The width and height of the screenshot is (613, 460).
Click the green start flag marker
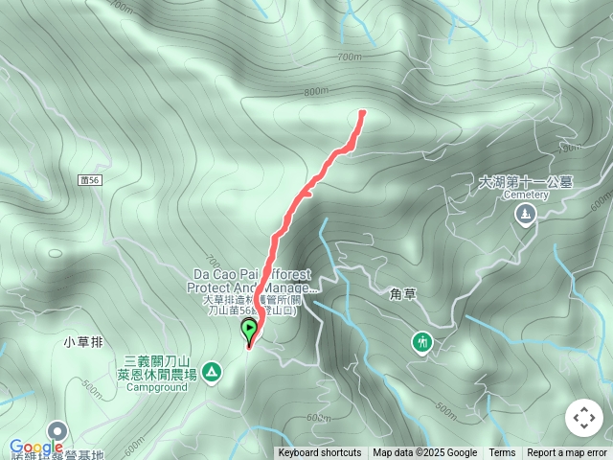tap(250, 332)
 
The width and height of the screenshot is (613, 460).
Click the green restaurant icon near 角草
tap(421, 342)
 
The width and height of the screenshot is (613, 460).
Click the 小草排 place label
tap(83, 341)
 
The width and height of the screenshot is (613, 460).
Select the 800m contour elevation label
tap(316, 92)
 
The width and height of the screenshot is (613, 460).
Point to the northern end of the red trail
tap(362, 113)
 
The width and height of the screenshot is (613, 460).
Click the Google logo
tap(35, 448)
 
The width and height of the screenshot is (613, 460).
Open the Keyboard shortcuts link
tap(320, 453)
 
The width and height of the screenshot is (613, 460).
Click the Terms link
tap(502, 453)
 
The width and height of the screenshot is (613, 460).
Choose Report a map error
tap(567, 453)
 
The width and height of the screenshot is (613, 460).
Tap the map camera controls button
tap(583, 418)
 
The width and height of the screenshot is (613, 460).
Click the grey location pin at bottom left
tap(56, 432)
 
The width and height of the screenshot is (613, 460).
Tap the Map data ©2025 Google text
tap(425, 453)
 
